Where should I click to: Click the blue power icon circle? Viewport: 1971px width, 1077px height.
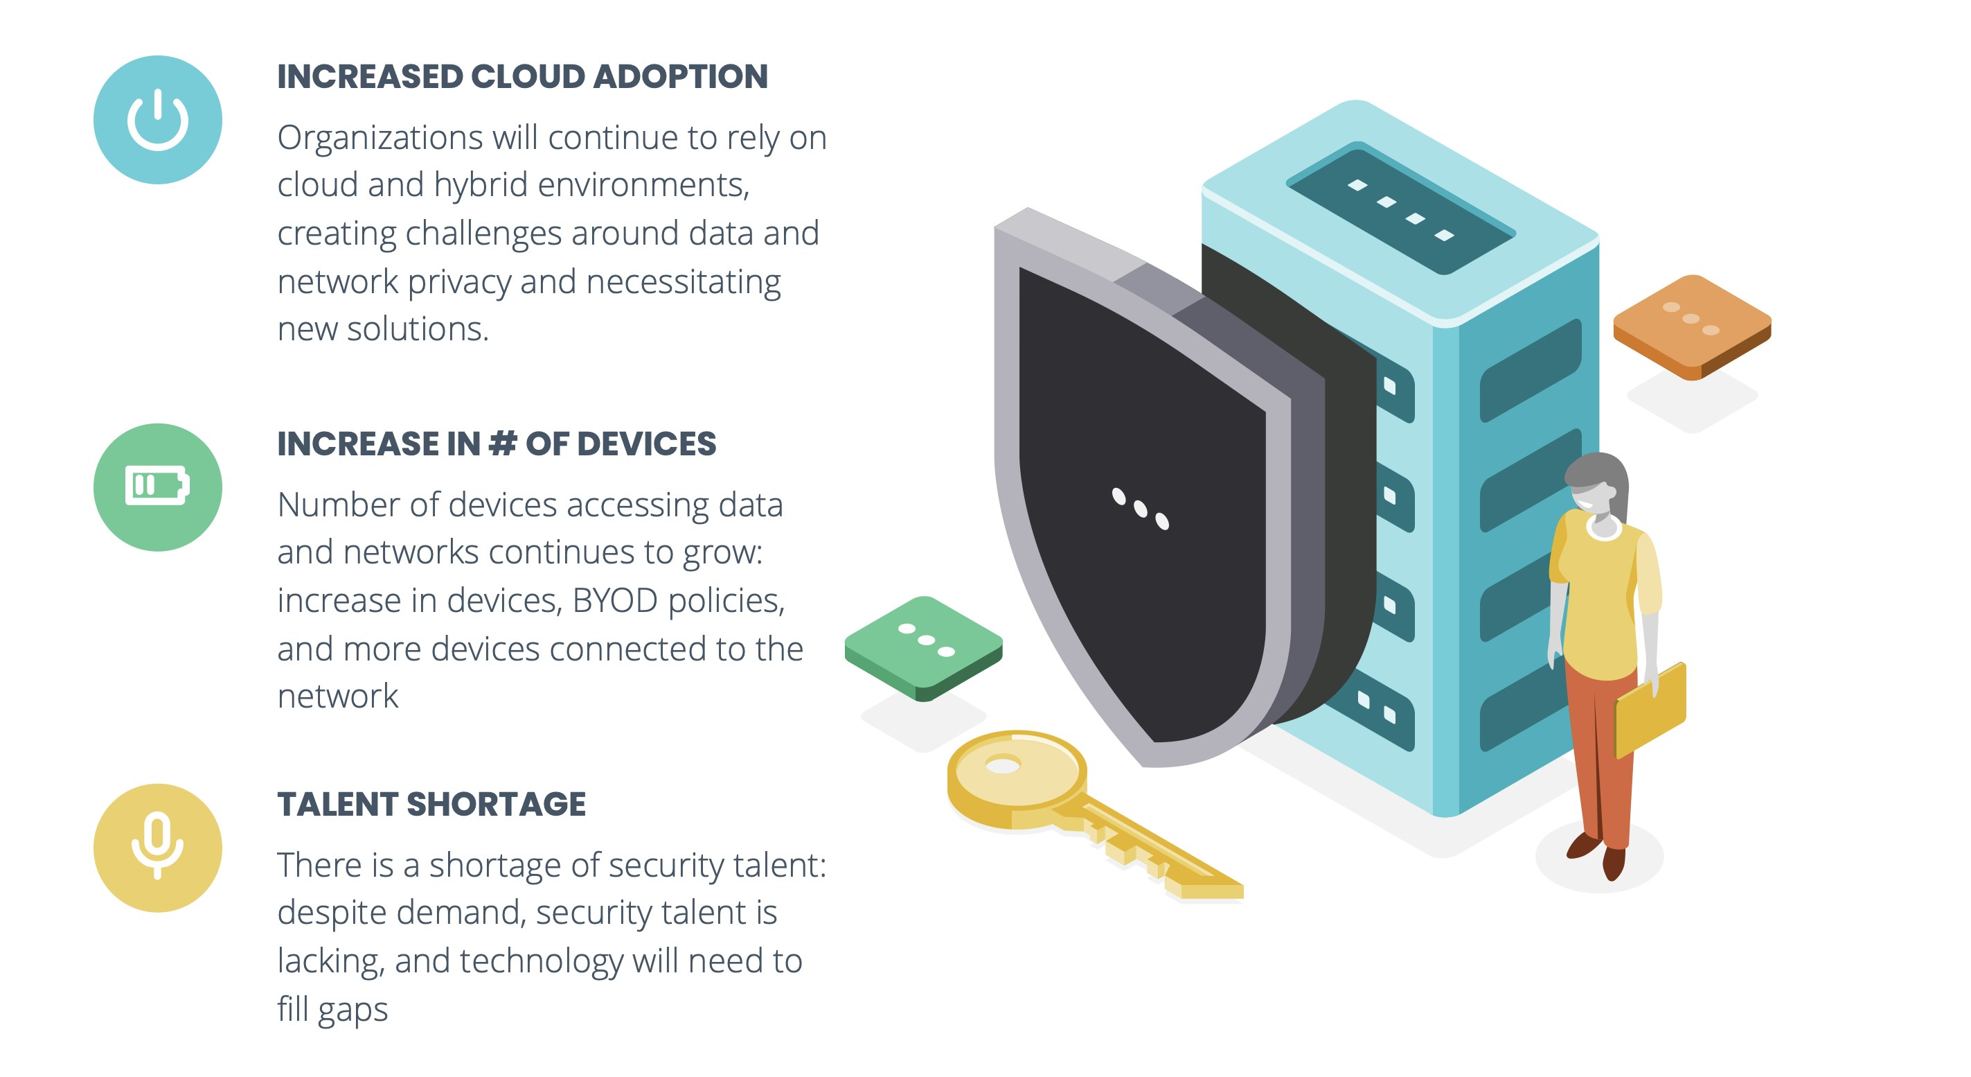[x=158, y=119]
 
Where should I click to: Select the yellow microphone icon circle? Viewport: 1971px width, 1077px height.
[x=158, y=848]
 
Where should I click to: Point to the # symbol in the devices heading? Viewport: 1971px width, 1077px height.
[x=502, y=444]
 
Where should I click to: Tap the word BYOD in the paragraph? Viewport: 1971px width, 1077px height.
[x=614, y=601]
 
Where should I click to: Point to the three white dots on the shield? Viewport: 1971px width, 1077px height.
[x=1140, y=508]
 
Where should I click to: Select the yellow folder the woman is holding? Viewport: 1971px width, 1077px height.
[x=1651, y=709]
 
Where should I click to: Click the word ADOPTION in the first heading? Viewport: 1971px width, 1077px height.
[x=680, y=76]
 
